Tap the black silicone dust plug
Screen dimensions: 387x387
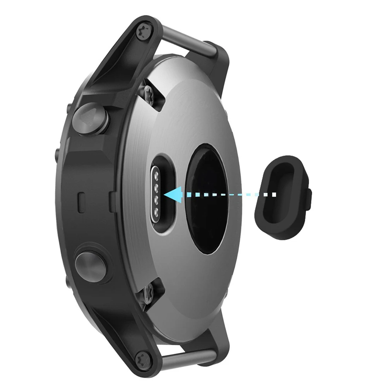[x=281, y=197]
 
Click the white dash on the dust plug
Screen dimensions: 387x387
[x=273, y=193]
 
